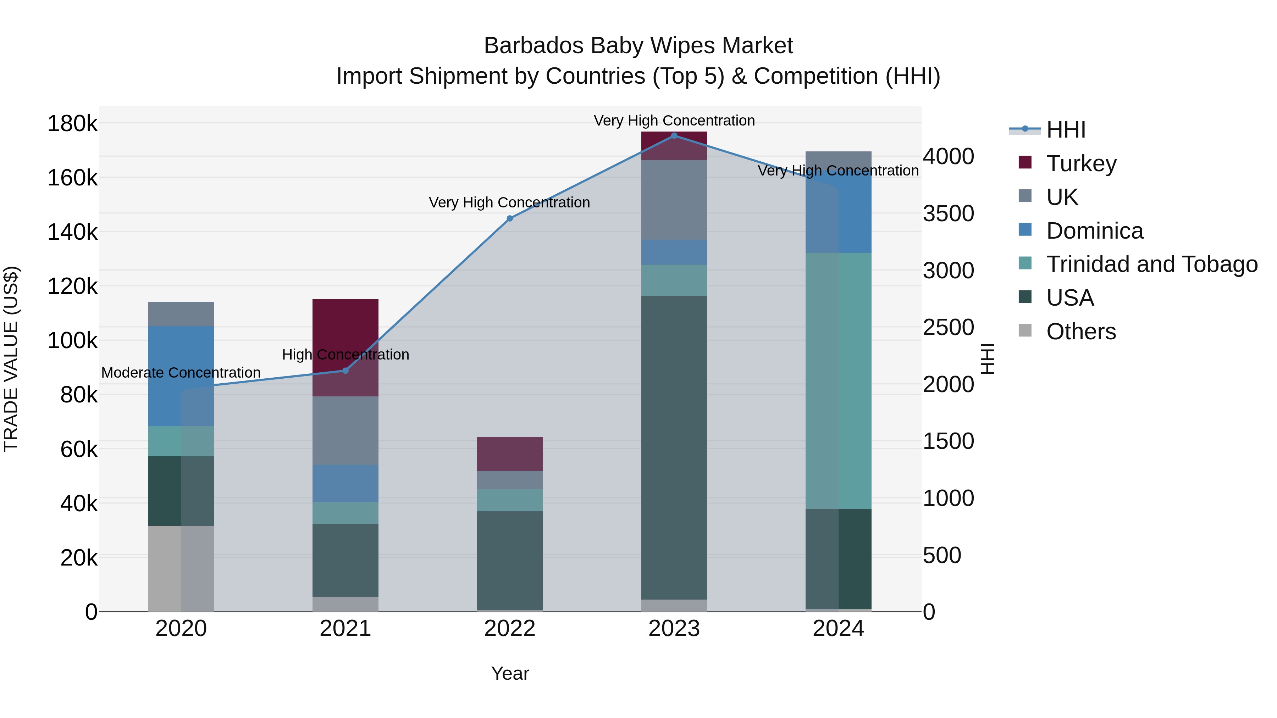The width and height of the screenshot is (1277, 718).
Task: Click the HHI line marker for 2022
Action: [510, 218]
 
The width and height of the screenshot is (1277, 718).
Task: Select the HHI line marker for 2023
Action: [674, 135]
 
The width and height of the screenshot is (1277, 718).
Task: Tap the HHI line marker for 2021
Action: [345, 371]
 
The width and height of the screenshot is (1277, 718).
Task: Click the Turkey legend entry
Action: [1081, 163]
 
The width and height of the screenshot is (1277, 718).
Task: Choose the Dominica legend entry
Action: [1094, 230]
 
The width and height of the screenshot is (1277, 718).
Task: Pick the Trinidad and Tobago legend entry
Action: [1151, 264]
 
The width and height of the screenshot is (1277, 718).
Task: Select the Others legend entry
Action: [1081, 332]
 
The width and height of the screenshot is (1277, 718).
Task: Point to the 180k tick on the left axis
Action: [72, 123]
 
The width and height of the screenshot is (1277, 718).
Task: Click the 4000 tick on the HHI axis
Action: [948, 157]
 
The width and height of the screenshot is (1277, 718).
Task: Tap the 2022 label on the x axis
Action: [510, 629]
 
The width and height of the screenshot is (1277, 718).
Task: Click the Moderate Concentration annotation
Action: [181, 373]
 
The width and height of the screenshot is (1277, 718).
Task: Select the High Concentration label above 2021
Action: [345, 355]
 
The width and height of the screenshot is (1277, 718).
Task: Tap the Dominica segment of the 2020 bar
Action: [181, 376]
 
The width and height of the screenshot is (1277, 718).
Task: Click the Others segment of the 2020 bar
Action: [181, 568]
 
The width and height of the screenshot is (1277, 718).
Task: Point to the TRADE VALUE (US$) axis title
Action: [11, 359]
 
